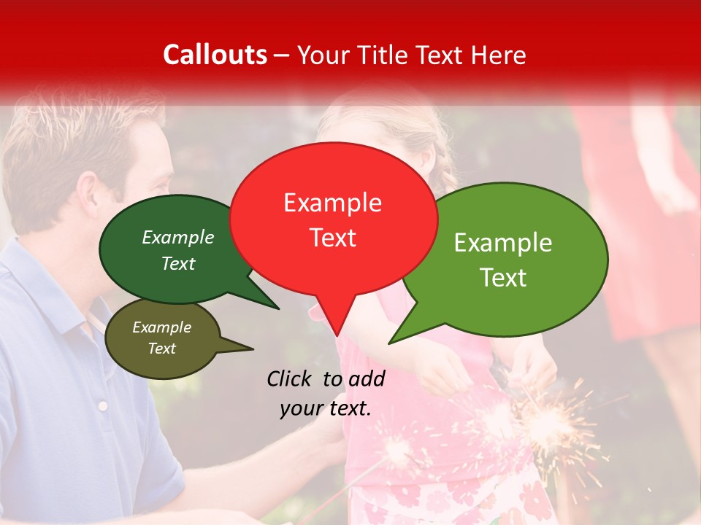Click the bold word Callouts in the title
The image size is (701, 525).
tap(215, 55)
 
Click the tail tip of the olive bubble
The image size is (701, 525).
tap(253, 349)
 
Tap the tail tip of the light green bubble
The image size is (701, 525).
tap(389, 343)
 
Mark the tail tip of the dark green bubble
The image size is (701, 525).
tap(279, 308)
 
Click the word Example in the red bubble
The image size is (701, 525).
tap(332, 203)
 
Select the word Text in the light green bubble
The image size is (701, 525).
tap(503, 278)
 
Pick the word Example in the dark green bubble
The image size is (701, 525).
tap(178, 238)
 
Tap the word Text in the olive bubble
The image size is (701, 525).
tap(161, 349)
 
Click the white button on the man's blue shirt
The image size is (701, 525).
tap(103, 405)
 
